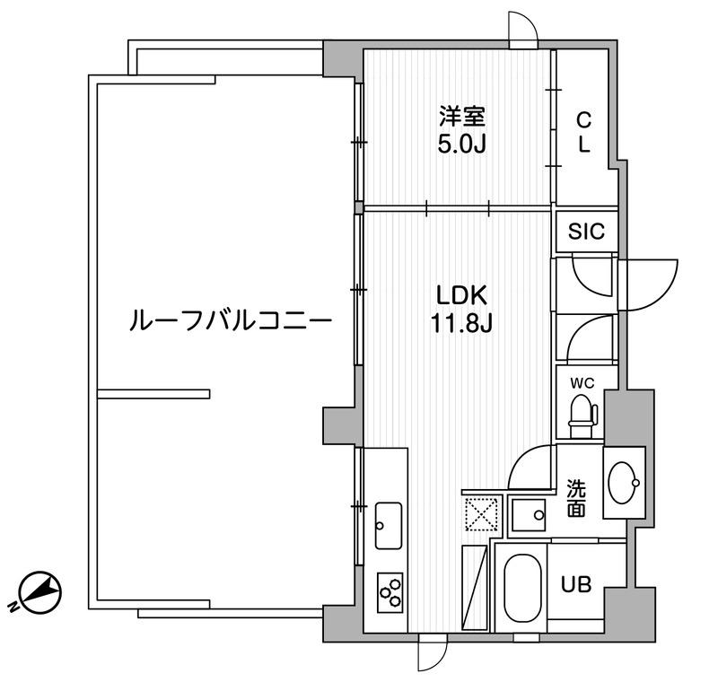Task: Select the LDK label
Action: (x=461, y=294)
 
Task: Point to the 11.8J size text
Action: (x=461, y=322)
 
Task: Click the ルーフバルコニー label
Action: (x=232, y=320)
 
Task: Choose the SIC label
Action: (x=586, y=232)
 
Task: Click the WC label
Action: (x=582, y=383)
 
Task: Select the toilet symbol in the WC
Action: (x=583, y=415)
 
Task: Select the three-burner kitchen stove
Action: (x=391, y=590)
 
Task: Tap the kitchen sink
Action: (x=390, y=526)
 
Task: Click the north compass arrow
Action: (x=40, y=591)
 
